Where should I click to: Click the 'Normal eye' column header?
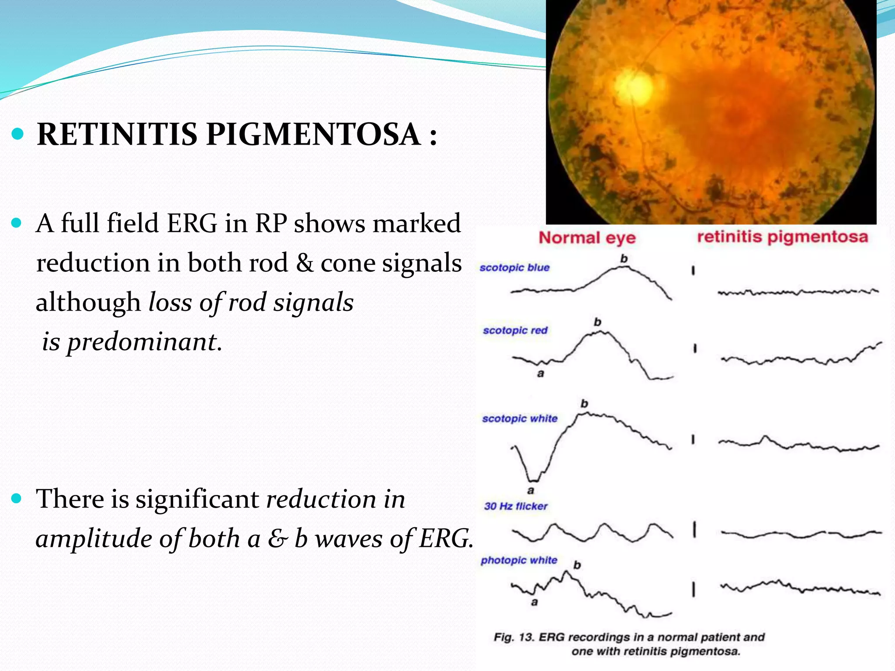[587, 238]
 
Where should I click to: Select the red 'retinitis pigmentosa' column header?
[782, 237]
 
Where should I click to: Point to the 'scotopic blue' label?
[514, 267]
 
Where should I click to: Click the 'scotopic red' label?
[515, 330]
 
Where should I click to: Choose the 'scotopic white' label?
[520, 419]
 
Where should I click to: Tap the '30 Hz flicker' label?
[516, 506]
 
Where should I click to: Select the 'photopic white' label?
[519, 560]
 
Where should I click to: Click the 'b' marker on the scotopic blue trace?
[624, 259]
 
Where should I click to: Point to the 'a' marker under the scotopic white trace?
[531, 491]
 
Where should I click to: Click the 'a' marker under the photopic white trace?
[534, 602]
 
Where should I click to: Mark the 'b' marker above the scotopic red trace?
[597, 322]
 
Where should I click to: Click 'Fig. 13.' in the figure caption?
[513, 637]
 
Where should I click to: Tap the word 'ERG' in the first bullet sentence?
[192, 224]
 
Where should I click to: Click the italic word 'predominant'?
[142, 342]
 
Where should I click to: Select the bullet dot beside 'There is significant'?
[17, 498]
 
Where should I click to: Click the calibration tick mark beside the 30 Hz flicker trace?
[694, 530]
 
